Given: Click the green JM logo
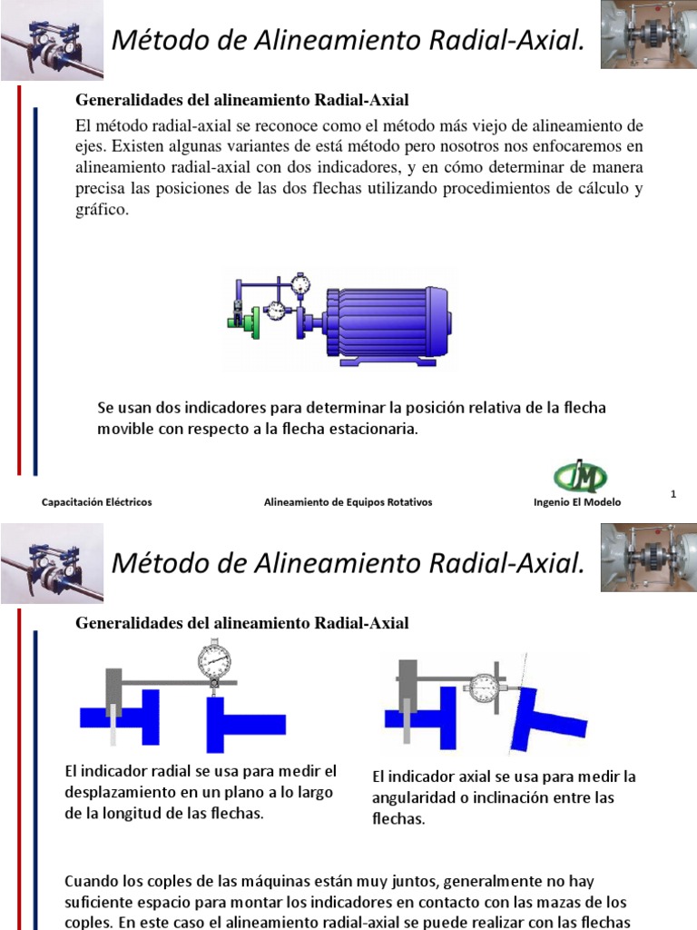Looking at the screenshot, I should point(581,476).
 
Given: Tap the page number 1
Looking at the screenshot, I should point(674,493).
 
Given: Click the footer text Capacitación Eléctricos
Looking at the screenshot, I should point(97,502).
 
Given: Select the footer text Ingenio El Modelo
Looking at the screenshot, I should point(578,502).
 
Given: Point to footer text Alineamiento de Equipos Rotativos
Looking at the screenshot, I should point(348,502).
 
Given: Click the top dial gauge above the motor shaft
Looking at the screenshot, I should point(301,284).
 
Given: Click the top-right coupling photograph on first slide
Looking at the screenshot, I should point(648,35).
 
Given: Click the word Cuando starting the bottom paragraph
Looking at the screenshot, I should point(93,881).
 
